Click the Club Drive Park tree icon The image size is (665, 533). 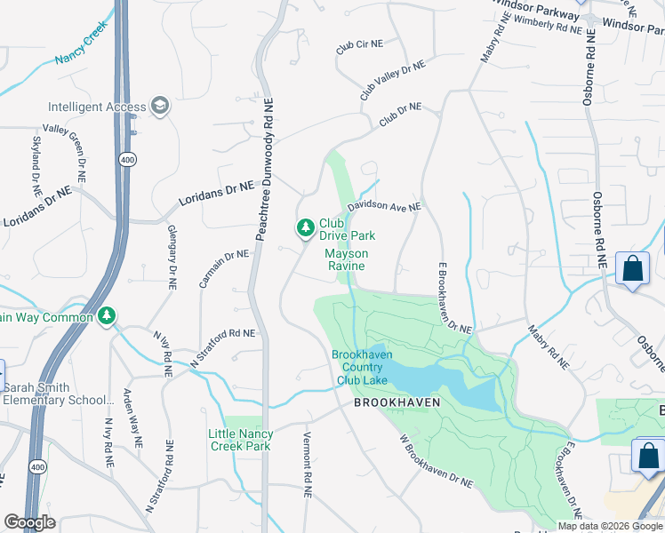coord(306,229)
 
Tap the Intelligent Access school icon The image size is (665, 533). coord(160,107)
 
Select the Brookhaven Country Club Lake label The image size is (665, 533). coord(362,367)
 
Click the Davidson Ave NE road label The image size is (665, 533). coord(383,206)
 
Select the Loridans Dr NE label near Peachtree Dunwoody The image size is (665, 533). coord(216,192)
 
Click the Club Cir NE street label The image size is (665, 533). coord(358,46)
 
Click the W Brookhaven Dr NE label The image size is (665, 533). coord(436,460)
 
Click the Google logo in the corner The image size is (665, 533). coord(29,522)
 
